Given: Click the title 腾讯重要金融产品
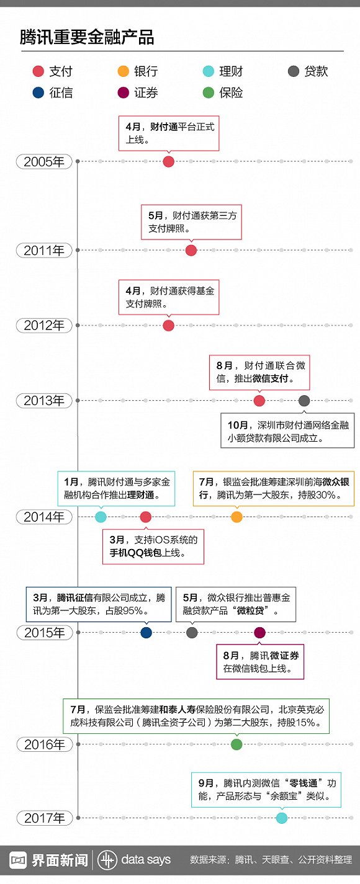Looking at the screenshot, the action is coord(87,37).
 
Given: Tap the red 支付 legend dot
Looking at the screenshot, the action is coord(38,71).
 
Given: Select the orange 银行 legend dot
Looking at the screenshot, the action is coord(123,71).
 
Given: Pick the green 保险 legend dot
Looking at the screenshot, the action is coord(208,92).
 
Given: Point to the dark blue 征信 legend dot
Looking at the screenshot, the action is coord(38,92).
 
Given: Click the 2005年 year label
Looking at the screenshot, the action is coord(44,162).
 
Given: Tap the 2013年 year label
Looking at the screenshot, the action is coord(44,401).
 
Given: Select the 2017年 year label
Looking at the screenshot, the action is coord(45,818).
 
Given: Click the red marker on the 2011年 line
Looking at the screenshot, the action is coord(191,250).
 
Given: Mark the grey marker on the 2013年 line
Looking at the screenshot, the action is coord(304,401).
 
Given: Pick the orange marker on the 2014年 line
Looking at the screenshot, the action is coord(236,517).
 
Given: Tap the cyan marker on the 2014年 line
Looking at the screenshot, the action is coord(101,517).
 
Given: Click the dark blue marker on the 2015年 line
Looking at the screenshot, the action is coord(146,633).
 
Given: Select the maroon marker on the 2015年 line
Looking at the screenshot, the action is coord(259,633).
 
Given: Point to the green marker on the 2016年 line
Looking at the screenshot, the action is coord(236,744).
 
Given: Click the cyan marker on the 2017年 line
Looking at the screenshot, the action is coord(281,818).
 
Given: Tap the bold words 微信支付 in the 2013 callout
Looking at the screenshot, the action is coord(271,378).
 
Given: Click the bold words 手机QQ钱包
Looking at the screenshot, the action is coord(136,553).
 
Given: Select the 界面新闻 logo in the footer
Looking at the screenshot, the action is coord(48,860).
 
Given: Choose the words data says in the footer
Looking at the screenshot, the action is coord(146,860).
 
